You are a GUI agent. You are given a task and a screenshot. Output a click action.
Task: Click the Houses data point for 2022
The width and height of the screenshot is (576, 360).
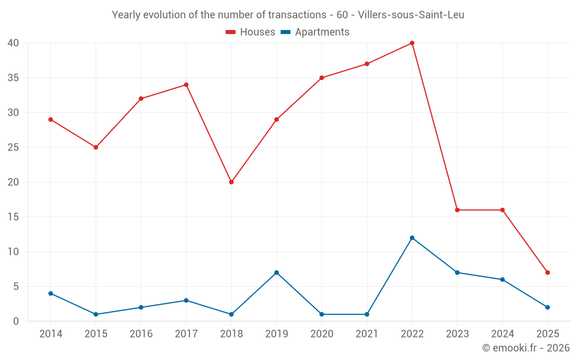click(x=412, y=43)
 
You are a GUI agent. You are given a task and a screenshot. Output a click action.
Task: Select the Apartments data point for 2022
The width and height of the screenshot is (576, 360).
click(x=412, y=238)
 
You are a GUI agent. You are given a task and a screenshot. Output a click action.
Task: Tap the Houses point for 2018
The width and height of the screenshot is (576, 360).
click(x=231, y=182)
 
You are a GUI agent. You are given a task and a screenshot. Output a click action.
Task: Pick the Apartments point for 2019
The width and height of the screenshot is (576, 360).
click(x=276, y=272)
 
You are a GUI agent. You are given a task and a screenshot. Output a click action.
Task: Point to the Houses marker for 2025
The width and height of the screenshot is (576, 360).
click(x=547, y=272)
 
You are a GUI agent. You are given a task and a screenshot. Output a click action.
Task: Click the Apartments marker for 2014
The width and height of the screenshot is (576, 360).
click(x=51, y=293)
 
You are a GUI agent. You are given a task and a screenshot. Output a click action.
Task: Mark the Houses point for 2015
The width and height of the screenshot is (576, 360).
click(x=96, y=147)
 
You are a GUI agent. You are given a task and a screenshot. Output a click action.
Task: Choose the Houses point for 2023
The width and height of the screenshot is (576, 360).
click(x=457, y=210)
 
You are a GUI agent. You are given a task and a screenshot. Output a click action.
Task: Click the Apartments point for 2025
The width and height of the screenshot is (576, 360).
click(x=547, y=307)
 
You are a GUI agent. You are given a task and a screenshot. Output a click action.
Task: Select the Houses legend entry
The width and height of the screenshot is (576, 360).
click(x=251, y=32)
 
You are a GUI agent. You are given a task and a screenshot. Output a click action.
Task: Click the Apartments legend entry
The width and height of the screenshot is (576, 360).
click(x=315, y=32)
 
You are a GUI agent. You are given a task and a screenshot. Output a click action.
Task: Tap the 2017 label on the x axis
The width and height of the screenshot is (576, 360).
click(x=186, y=334)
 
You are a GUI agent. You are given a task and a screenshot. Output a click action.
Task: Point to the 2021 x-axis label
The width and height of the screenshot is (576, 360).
click(x=367, y=334)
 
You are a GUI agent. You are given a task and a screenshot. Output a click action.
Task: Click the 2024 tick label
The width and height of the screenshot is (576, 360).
click(x=502, y=334)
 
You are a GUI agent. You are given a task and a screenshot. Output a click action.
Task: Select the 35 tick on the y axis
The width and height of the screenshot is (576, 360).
click(x=13, y=78)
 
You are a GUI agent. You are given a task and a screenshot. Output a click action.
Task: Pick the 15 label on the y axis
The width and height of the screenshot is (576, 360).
click(x=13, y=217)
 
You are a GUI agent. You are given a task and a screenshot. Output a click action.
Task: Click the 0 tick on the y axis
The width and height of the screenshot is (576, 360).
click(x=16, y=321)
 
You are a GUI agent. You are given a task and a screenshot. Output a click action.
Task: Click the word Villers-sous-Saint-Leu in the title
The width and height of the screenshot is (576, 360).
click(x=415, y=15)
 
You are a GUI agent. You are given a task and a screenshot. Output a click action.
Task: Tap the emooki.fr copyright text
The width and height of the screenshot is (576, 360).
click(x=526, y=348)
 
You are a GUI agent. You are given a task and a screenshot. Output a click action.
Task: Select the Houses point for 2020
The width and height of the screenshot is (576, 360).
click(x=321, y=78)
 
